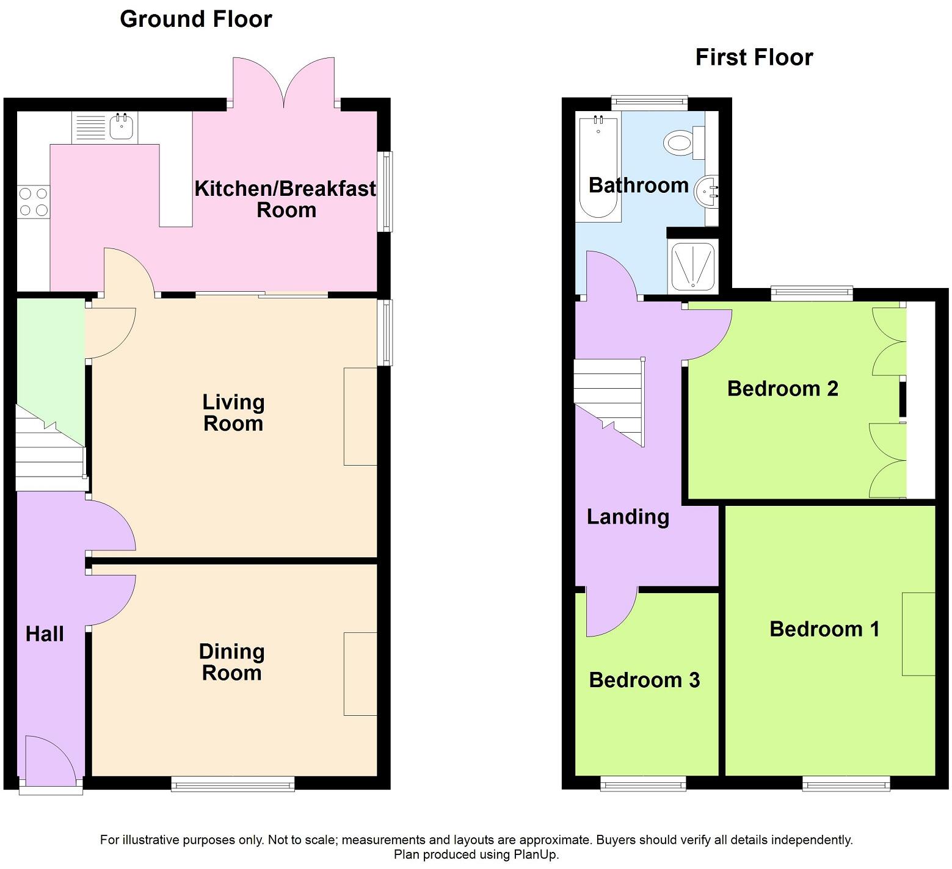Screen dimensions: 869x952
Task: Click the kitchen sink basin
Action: pos(121,127)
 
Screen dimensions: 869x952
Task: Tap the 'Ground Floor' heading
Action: pos(196,20)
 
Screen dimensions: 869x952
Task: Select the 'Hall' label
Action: pos(45,634)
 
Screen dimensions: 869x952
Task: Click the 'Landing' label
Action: pos(628,517)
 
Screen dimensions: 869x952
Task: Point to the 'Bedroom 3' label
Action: pos(644,680)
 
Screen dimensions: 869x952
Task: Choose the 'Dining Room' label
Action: pos(232,662)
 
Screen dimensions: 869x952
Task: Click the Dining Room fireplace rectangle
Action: pos(360,674)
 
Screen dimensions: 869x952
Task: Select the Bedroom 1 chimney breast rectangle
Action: pos(918,633)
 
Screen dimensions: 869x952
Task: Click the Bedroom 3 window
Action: pos(643,784)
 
